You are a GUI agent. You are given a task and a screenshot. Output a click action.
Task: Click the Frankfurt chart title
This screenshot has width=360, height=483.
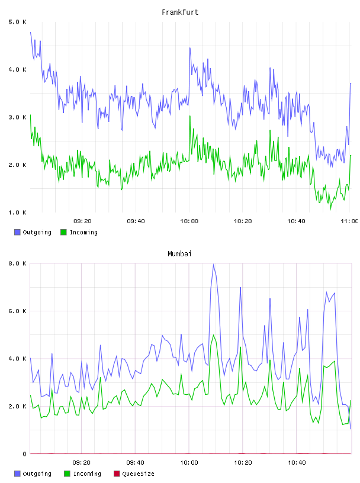180,12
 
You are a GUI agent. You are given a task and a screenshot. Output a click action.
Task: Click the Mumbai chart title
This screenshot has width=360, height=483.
179,254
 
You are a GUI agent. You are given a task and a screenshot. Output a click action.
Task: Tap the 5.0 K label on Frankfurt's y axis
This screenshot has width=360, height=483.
17,22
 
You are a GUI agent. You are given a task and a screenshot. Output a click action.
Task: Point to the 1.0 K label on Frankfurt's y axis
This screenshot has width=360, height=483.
17,212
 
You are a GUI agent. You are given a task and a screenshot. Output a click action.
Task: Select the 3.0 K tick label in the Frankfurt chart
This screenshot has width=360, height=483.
17,117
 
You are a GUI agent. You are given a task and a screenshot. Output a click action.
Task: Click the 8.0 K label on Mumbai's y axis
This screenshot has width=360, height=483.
17,263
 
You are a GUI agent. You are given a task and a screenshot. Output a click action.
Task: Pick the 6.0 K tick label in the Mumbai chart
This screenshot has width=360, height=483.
17,311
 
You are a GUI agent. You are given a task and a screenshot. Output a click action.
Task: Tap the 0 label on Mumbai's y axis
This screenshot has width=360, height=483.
24,454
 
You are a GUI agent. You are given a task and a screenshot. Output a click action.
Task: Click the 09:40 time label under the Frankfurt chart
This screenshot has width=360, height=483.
136,221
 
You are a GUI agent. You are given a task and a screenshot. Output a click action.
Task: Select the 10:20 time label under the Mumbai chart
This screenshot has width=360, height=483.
243,463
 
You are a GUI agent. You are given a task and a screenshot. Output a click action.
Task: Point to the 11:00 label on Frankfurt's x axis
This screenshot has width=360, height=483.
349,221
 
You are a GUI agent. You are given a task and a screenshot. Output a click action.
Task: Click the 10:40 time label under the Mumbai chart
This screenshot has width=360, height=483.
297,463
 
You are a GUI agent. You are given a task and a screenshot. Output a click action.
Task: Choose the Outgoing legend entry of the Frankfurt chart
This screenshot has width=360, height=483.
33,232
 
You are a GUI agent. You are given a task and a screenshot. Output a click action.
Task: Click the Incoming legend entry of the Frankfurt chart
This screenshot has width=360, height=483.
79,232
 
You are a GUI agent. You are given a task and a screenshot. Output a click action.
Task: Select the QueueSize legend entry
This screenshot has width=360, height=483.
134,474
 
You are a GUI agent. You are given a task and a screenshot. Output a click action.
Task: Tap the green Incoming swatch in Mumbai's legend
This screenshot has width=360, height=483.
67,474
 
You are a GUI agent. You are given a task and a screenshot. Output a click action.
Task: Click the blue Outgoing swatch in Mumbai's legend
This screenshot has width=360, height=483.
17,474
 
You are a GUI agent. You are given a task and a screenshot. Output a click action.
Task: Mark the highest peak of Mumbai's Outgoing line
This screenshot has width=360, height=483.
213,265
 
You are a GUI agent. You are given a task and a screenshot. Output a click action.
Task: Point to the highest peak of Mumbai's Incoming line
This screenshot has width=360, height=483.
214,335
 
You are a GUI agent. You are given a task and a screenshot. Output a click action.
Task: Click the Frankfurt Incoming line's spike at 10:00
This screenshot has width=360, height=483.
190,116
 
